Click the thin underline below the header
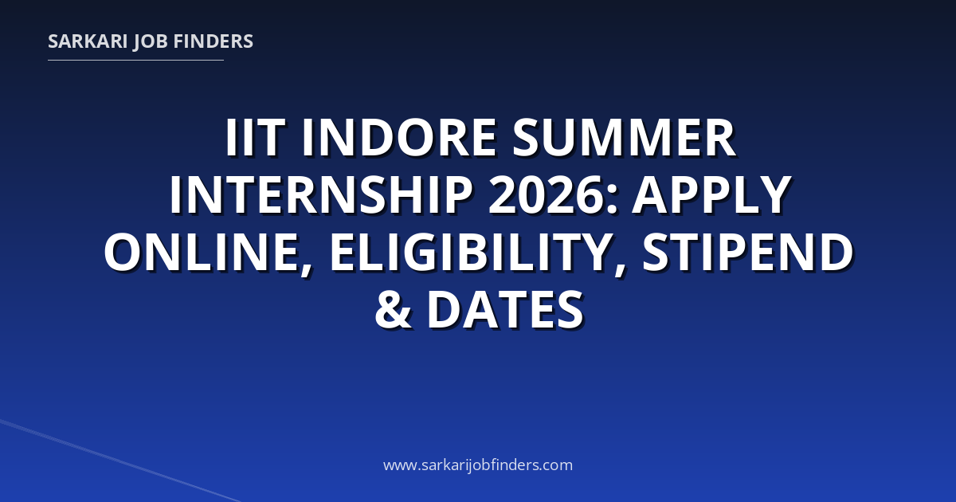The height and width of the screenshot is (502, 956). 135,61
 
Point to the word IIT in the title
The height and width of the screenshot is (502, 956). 255,138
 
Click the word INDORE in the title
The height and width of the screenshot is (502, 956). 399,138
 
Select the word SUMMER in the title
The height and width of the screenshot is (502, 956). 624,138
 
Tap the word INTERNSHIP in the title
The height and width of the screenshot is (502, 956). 321,194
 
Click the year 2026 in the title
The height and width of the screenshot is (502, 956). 547,194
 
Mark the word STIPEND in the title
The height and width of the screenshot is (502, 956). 748,252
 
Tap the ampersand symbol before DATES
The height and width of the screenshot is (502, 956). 393,308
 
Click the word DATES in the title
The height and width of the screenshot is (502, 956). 505,308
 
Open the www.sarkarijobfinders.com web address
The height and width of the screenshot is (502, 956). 478,465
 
